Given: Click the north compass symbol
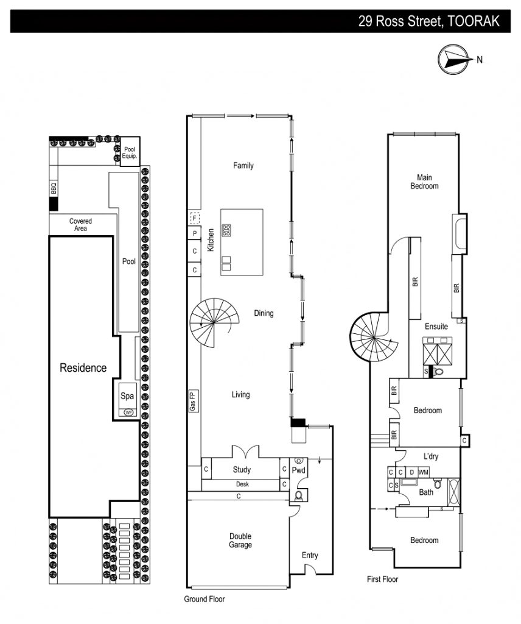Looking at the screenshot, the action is pyautogui.click(x=453, y=59).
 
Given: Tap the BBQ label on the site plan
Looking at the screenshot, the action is pyautogui.click(x=54, y=188).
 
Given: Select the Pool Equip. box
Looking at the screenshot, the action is pyautogui.click(x=130, y=151).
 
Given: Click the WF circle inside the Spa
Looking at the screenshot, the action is pyautogui.click(x=128, y=413).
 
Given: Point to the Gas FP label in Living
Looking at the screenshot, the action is pyautogui.click(x=193, y=401).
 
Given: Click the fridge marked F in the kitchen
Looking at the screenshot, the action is pyautogui.click(x=194, y=218).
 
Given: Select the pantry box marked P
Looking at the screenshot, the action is pyautogui.click(x=194, y=233).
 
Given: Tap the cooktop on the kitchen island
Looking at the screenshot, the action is pyautogui.click(x=226, y=230).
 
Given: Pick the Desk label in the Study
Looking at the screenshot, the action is pyautogui.click(x=242, y=484).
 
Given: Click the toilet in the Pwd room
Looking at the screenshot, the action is pyautogui.click(x=299, y=495).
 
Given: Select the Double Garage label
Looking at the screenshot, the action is pyautogui.click(x=240, y=541).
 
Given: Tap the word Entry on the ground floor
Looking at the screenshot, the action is pyautogui.click(x=310, y=555).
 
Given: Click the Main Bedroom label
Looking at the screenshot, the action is pyautogui.click(x=424, y=182).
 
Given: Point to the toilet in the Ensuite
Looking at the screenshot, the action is pyautogui.click(x=438, y=372).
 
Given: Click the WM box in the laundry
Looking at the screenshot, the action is pyautogui.click(x=424, y=472).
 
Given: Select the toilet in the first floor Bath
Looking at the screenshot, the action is pyautogui.click(x=438, y=483).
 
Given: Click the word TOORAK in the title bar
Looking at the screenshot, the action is pyautogui.click(x=474, y=21).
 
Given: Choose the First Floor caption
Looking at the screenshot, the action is pyautogui.click(x=382, y=579).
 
